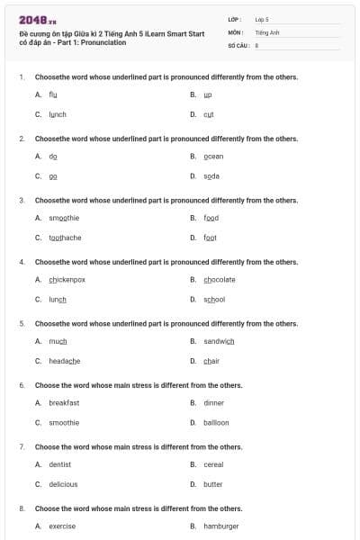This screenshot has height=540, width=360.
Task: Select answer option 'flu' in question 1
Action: (x=53, y=94)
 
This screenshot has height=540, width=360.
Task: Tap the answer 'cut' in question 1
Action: (x=208, y=114)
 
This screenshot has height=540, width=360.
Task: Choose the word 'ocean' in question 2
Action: (x=213, y=156)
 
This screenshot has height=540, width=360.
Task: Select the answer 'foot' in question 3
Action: (x=210, y=238)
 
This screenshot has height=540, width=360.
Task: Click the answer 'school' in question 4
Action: (x=214, y=300)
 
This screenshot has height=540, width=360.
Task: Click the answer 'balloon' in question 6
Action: (x=216, y=423)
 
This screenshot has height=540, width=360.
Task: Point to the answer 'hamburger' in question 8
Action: (x=220, y=526)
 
